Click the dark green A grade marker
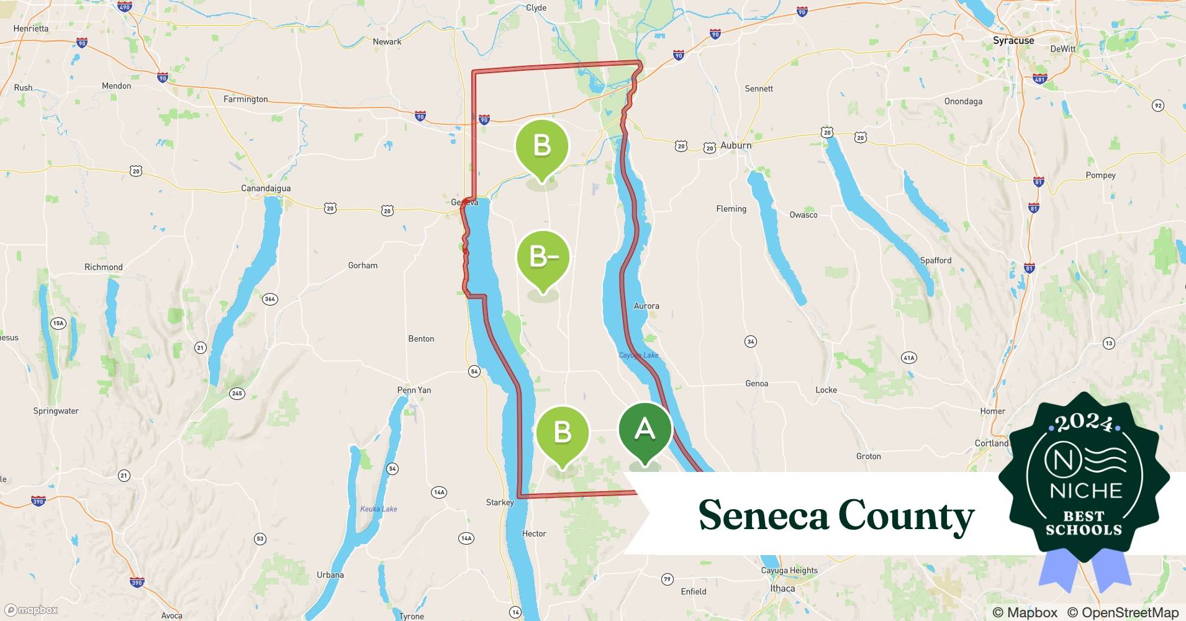(x=645, y=430)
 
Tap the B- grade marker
(x=543, y=257)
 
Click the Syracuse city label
(x=1013, y=40)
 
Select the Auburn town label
(x=736, y=145)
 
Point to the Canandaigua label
(x=266, y=188)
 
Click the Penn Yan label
(x=414, y=390)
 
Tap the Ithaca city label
(x=782, y=588)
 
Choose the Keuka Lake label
(x=379, y=509)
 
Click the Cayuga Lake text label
(x=639, y=355)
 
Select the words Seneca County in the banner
(x=836, y=515)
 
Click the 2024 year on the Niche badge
(x=1084, y=424)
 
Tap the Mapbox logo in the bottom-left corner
(x=32, y=610)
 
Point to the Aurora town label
(x=646, y=306)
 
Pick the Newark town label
(x=387, y=42)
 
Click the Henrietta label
(x=30, y=28)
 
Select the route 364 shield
(x=269, y=299)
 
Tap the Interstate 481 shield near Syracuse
(x=1039, y=79)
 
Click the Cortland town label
(x=992, y=443)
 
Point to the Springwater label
(x=56, y=410)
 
